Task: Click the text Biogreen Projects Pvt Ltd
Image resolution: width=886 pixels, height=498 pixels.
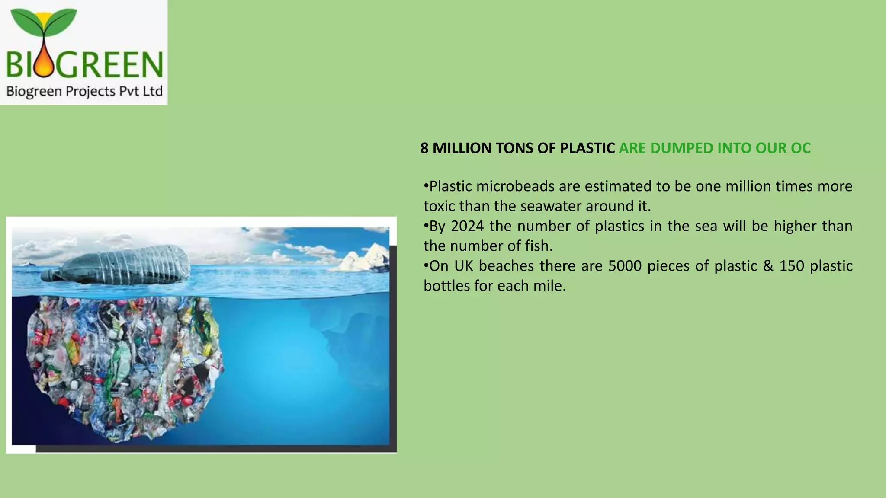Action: tap(84, 92)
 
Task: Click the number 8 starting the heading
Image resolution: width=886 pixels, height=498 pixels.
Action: tap(424, 148)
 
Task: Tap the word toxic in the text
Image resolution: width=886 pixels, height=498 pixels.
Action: tap(440, 206)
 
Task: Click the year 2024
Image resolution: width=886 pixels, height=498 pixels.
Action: tap(467, 226)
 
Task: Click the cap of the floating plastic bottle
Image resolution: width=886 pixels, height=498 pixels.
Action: tap(47, 275)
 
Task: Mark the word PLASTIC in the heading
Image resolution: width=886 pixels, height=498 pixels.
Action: tap(587, 148)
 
